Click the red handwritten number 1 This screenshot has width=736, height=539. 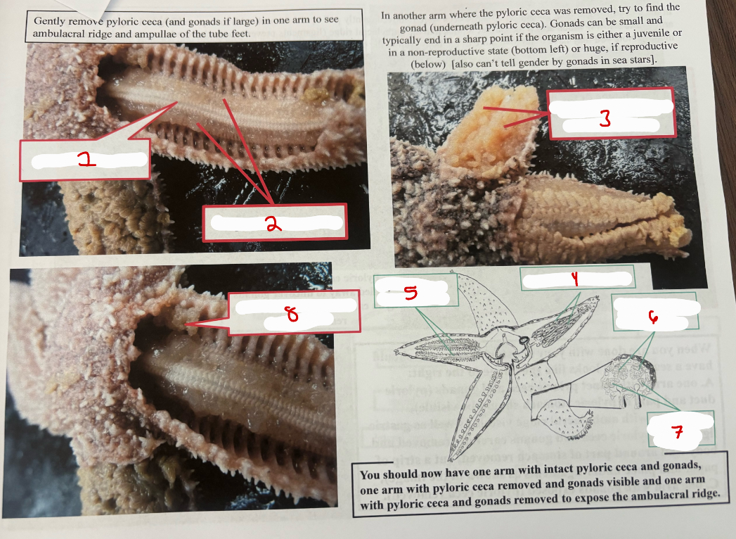[87, 161]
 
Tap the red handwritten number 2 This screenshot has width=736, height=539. [273, 224]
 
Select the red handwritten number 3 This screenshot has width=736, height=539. [605, 120]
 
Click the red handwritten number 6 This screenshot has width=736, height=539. [654, 319]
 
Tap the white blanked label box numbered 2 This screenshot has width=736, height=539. [274, 224]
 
